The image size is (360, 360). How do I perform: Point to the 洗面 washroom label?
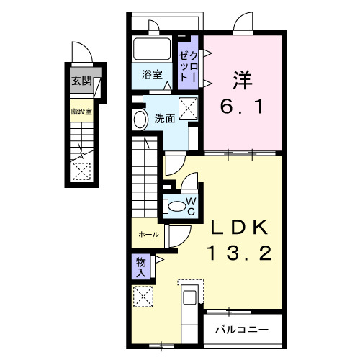point(165,118)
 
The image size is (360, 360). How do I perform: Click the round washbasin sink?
point(140,120)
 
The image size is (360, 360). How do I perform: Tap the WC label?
point(192,206)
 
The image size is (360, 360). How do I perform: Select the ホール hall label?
point(149,235)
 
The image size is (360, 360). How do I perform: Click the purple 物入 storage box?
point(141,266)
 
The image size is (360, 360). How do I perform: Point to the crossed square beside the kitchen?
point(144,296)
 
